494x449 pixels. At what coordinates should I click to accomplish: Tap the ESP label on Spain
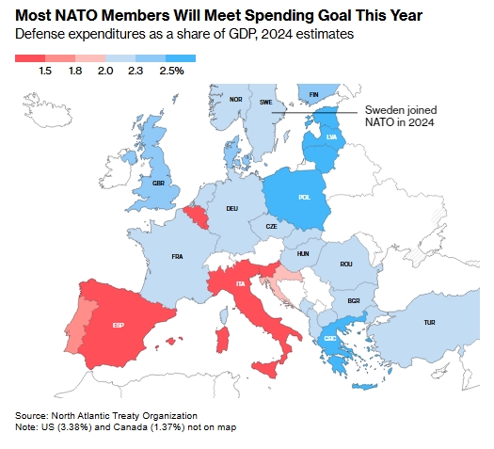tap(119, 326)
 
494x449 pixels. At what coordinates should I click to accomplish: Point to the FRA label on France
tap(177, 256)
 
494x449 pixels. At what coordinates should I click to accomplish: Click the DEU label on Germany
tap(232, 208)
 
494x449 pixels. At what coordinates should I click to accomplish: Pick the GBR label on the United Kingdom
tap(159, 184)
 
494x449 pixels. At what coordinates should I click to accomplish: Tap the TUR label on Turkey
tap(429, 323)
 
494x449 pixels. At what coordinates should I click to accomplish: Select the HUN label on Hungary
tap(303, 253)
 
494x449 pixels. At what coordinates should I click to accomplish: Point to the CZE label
tap(271, 227)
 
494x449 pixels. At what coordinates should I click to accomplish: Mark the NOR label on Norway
tap(236, 99)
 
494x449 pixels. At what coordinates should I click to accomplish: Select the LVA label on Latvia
tap(330, 136)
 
